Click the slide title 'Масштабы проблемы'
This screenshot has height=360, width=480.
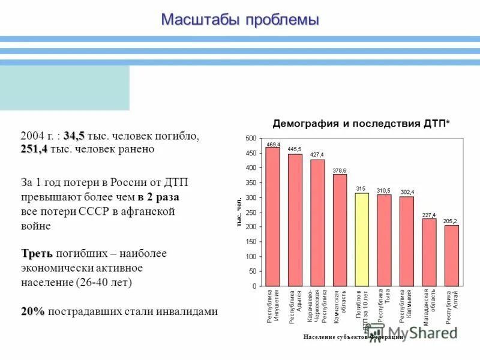pos(239,19)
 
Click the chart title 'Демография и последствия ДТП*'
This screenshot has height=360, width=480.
pos(361,124)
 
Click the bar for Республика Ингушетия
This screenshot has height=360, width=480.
pos(273,216)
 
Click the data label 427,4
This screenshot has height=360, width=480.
pos(317,155)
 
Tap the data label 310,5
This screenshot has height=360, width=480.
pos(383,190)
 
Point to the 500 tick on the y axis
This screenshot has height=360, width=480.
pos(251,139)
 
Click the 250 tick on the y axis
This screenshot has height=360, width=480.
pos(251,212)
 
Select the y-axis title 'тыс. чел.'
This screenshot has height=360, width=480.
pos(238,212)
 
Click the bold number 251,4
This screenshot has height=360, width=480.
pos(34,149)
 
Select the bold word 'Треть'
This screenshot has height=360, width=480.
pos(37,254)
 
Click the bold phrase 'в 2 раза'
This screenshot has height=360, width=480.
pos(158,197)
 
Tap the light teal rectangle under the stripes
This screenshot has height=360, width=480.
pos(64,88)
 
